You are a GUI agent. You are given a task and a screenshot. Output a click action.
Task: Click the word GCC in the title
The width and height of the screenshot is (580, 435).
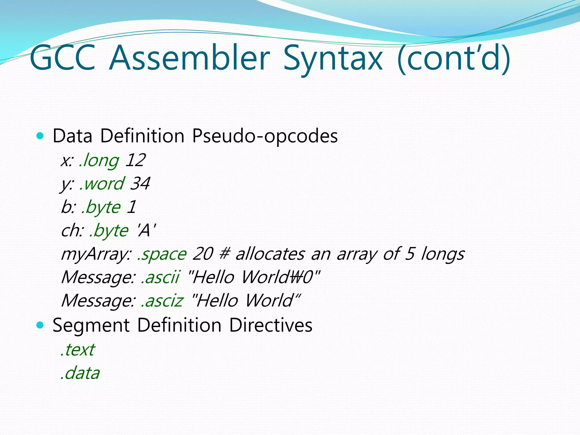pos(63,58)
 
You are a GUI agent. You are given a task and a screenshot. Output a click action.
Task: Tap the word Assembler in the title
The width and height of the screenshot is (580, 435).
pos(189,58)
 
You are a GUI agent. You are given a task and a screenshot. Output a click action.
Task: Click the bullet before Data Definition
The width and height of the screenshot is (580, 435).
pos(40,136)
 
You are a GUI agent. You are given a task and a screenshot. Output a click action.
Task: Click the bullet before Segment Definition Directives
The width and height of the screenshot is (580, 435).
pos(40,325)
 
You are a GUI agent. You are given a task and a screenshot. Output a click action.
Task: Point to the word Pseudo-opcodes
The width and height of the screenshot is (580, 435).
pos(265,136)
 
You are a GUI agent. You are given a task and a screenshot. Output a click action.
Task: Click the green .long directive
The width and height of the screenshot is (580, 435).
pos(99,161)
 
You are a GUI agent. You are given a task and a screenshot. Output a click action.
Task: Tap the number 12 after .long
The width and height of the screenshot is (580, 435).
pos(135,160)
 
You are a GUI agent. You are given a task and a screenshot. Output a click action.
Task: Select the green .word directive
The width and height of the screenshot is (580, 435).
pos(102,184)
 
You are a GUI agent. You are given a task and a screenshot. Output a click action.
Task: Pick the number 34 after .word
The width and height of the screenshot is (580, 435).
pos(140,184)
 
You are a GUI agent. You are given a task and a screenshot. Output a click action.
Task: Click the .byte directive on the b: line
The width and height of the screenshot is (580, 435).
pos(101,207)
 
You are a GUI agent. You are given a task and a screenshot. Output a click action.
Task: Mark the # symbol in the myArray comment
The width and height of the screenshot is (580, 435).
pos(224,254)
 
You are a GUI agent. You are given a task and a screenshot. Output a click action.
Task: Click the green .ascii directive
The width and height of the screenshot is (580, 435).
pos(160,277)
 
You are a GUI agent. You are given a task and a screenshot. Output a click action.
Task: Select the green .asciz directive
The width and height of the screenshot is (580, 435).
pos(162,300)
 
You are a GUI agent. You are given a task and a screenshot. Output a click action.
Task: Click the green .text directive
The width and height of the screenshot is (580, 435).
pos(78,350)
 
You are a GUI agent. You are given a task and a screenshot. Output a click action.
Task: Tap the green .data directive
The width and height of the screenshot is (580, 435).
pos(80,373)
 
